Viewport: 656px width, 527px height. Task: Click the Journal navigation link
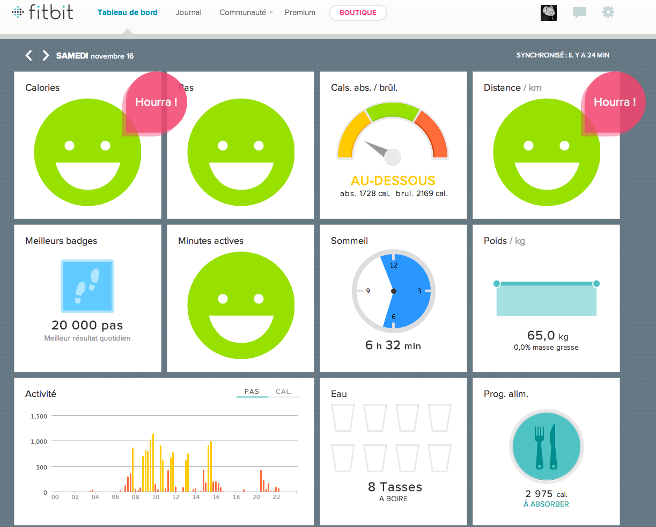click(188, 12)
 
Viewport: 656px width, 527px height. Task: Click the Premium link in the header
click(300, 12)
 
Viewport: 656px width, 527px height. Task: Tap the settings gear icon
click(608, 12)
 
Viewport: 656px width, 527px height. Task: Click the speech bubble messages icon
click(579, 13)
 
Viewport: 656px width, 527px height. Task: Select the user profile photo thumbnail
click(549, 13)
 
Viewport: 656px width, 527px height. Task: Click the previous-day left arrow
click(29, 55)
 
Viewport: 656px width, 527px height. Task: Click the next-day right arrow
click(46, 55)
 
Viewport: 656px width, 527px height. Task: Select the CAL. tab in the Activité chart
click(284, 392)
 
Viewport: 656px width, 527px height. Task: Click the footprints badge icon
click(87, 286)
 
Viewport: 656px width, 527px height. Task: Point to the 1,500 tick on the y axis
click(39, 416)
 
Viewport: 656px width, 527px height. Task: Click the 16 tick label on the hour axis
click(216, 497)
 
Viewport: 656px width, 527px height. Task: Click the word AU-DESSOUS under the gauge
click(393, 181)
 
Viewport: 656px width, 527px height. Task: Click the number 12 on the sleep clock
click(394, 265)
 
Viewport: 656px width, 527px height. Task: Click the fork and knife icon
click(546, 446)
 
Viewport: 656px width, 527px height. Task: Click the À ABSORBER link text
click(546, 504)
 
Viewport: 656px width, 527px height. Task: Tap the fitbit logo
click(42, 12)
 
